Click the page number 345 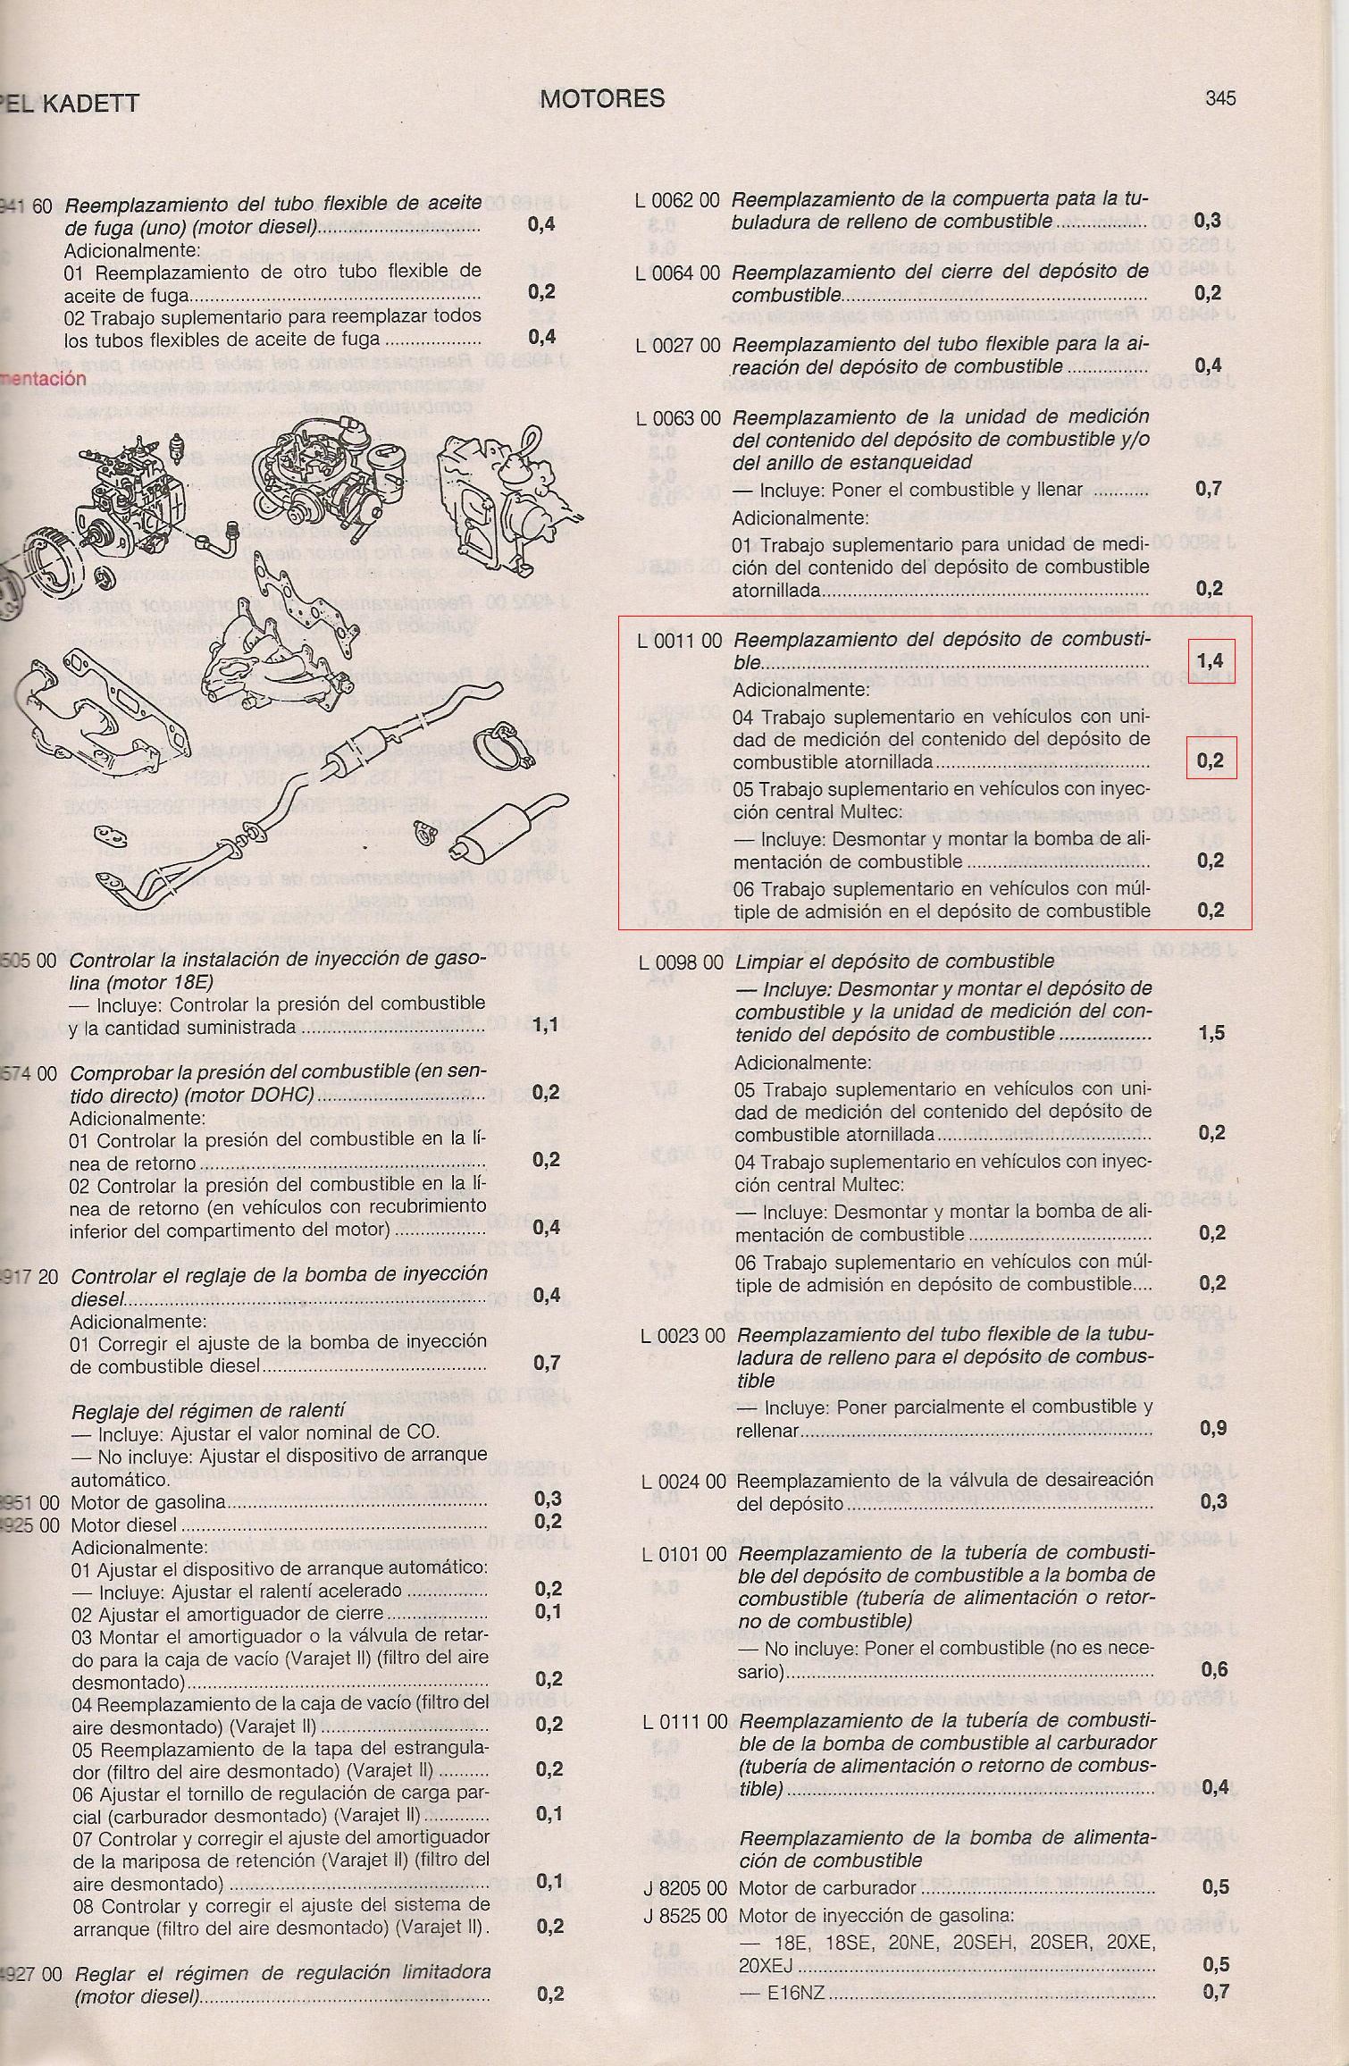1219,98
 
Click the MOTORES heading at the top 602,98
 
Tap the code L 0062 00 677,201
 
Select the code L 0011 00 679,641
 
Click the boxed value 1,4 1211,661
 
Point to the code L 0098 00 681,962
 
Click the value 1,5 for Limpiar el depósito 1212,1034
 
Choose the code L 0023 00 683,1337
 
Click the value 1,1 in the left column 546,1025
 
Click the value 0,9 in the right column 1213,1428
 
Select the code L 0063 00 678,418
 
